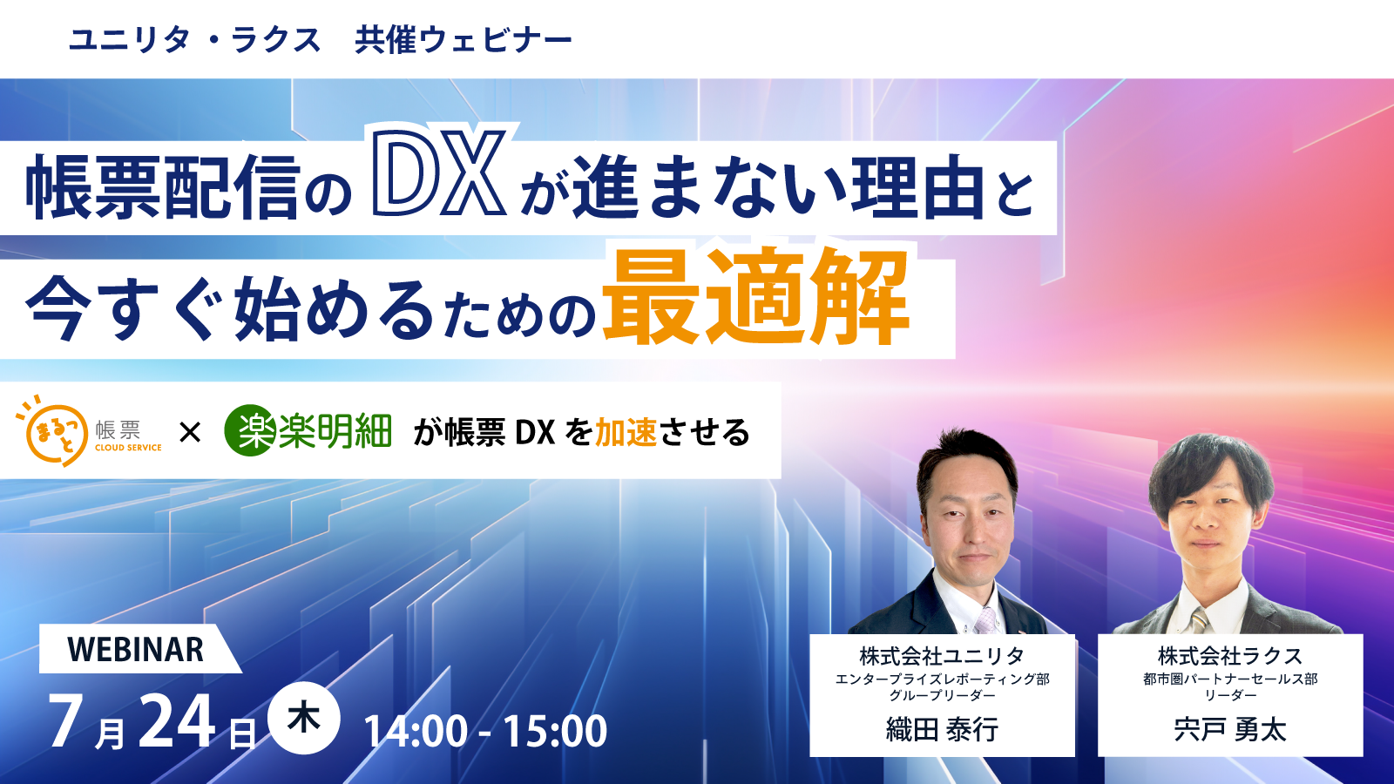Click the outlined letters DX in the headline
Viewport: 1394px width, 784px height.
[439, 173]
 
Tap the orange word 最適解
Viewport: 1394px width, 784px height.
[755, 299]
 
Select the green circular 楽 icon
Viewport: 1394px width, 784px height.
[250, 430]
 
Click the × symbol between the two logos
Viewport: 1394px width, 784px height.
[190, 431]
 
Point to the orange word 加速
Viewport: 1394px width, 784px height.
[626, 432]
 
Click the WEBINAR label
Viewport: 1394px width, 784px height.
[136, 650]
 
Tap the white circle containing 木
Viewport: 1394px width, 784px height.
[303, 719]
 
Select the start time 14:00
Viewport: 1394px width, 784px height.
[416, 731]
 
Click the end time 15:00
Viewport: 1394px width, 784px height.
[555, 731]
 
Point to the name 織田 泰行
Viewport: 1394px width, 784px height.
[942, 729]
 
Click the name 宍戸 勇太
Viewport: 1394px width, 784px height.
[1230, 729]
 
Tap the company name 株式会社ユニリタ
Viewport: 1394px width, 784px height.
[942, 656]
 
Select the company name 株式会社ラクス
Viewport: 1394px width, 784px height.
[1230, 656]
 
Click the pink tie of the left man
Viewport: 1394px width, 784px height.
[985, 619]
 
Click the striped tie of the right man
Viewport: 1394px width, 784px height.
[1201, 620]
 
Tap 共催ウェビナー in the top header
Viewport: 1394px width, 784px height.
[464, 40]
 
